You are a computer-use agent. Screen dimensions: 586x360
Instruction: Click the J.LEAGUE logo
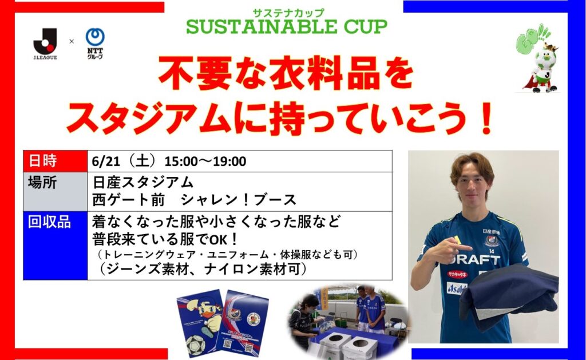pyautogui.click(x=45, y=43)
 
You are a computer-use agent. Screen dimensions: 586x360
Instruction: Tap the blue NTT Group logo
pyautogui.click(x=95, y=43)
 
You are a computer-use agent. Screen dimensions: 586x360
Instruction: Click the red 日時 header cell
pyautogui.click(x=56, y=161)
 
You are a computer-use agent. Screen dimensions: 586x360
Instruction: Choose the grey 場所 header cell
pyautogui.click(x=56, y=192)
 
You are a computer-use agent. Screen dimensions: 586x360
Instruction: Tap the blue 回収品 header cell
pyautogui.click(x=56, y=246)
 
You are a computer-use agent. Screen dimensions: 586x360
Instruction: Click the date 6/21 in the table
pyautogui.click(x=106, y=161)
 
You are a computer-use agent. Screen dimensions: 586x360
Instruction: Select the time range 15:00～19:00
pyautogui.click(x=205, y=161)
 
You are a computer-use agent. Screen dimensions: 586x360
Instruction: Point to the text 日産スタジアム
pyautogui.click(x=142, y=183)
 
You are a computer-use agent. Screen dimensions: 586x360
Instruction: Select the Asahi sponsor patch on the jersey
pyautogui.click(x=457, y=288)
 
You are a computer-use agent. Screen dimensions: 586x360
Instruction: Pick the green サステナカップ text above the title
pyautogui.click(x=288, y=13)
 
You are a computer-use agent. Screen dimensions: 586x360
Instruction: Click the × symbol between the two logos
pyautogui.click(x=72, y=42)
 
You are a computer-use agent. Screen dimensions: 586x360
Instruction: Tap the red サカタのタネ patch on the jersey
pyautogui.click(x=457, y=274)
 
